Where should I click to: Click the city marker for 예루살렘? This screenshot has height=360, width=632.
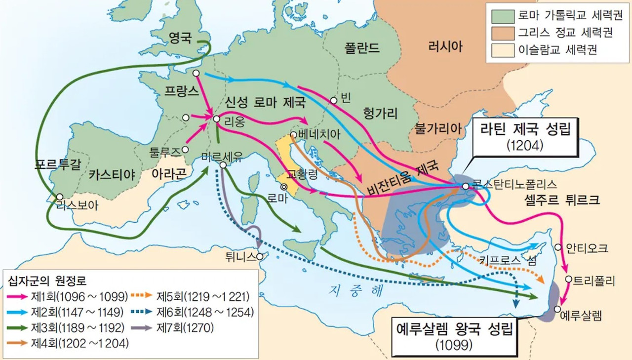coord(557,309)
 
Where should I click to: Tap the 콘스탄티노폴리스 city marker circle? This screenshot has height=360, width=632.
coord(465,186)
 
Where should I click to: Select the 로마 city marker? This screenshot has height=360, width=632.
coord(284,187)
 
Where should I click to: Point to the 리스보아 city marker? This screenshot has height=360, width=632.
coord(60,197)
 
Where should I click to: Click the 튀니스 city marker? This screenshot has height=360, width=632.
coord(260,256)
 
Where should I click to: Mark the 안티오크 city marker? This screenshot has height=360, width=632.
coord(558,247)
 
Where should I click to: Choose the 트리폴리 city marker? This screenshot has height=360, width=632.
coord(568,280)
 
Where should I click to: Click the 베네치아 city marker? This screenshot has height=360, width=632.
coord(294,134)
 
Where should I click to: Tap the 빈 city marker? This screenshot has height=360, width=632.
coord(334,101)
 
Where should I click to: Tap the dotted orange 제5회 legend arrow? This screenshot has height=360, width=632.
coord(142,297)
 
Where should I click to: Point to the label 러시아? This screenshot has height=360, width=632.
coord(445,47)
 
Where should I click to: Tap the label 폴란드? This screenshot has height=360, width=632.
coord(362,48)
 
